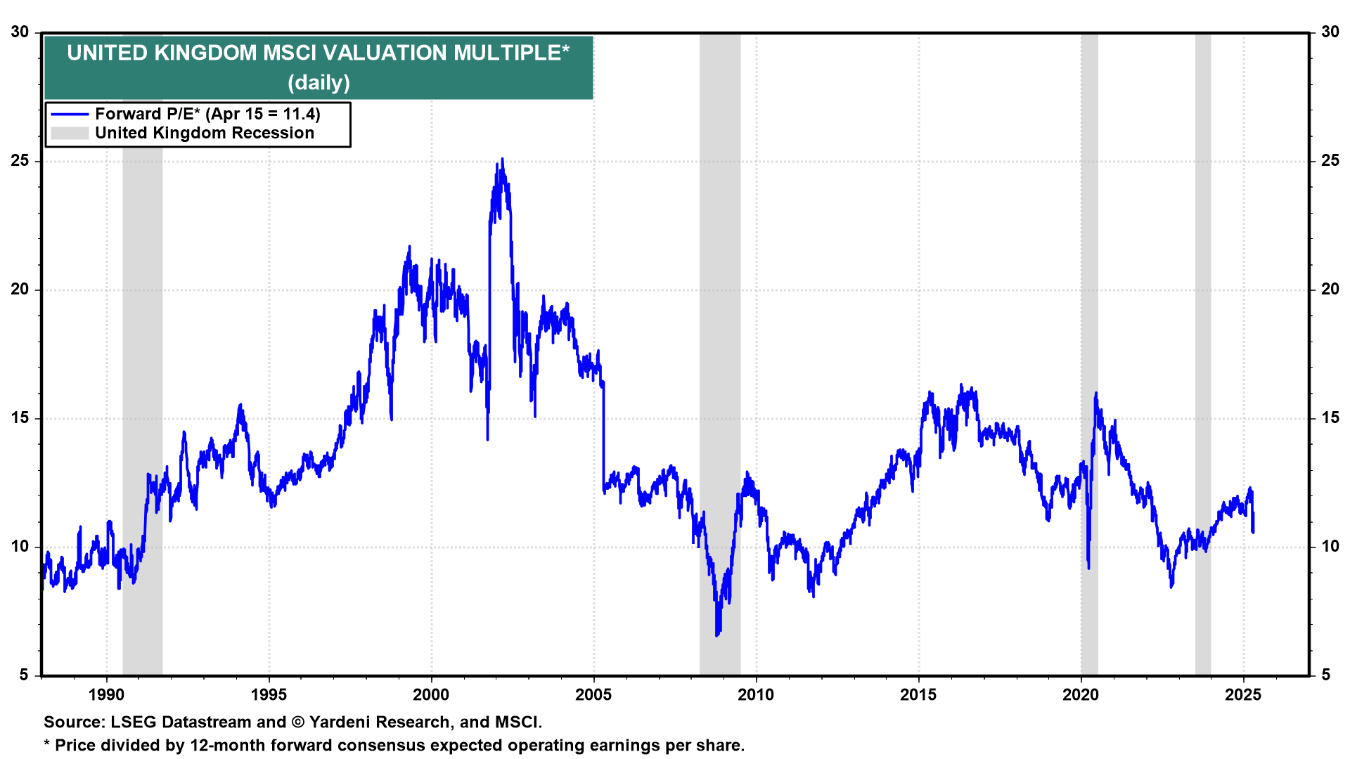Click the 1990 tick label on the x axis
[x=106, y=695]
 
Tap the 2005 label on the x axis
[x=593, y=695]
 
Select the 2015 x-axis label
[x=918, y=695]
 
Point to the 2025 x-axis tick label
[x=1243, y=695]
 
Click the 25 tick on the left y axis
[x=20, y=161]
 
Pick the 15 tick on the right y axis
[x=1330, y=418]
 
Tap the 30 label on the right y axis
[x=1330, y=32]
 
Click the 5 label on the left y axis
[x=25, y=675]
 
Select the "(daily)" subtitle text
[x=319, y=83]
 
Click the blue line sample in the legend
[x=70, y=115]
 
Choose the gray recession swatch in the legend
[x=70, y=134]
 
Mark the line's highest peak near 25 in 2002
[x=502, y=160]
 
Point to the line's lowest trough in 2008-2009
[x=717, y=635]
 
